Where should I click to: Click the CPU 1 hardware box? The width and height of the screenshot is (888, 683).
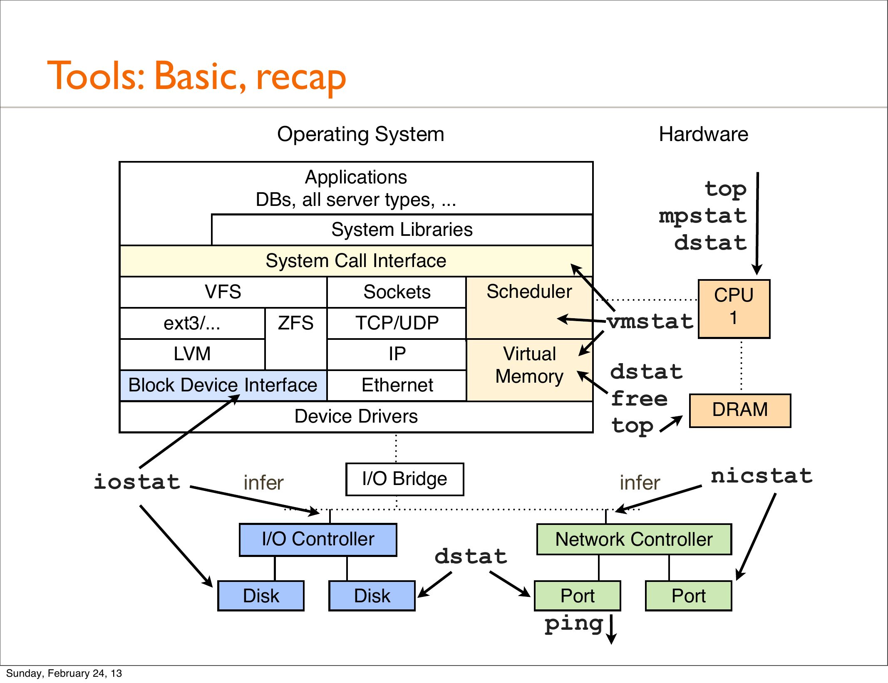click(734, 309)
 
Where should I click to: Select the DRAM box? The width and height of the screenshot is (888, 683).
click(740, 410)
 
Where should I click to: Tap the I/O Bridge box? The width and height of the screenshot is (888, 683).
click(404, 479)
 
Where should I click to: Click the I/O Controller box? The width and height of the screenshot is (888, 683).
click(318, 539)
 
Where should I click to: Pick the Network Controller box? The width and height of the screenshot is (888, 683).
click(634, 539)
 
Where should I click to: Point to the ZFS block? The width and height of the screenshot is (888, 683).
click(295, 324)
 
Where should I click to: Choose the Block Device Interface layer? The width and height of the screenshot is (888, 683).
click(223, 385)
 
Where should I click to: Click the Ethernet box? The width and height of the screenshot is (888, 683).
click(397, 385)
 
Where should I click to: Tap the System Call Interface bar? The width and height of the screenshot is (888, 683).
click(356, 261)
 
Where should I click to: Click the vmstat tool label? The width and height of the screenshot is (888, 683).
click(650, 322)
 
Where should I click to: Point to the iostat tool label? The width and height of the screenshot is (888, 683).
click(137, 482)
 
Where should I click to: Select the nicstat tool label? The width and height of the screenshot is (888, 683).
click(761, 476)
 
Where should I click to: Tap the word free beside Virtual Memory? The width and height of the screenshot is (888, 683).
click(639, 399)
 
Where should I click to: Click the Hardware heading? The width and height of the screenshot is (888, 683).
click(704, 134)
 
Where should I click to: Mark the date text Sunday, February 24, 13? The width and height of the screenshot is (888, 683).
click(64, 673)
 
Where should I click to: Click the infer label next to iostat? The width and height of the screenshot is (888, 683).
click(263, 483)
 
